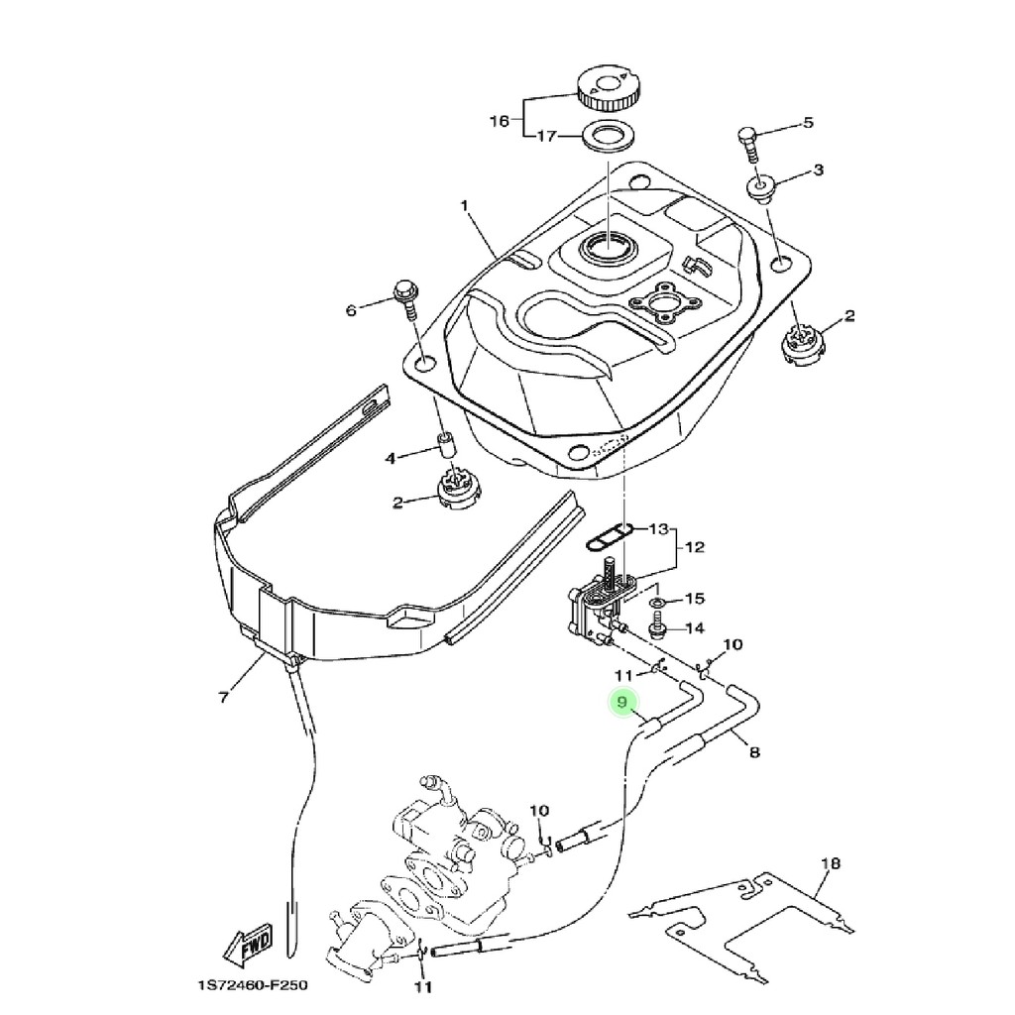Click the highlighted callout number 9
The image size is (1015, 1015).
point(622,703)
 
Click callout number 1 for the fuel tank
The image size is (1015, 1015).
point(463,206)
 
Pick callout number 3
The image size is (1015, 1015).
point(818,170)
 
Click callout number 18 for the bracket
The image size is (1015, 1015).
point(831,863)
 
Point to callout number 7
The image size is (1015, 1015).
point(223,697)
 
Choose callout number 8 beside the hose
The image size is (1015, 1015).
point(754,752)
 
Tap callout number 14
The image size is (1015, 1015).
point(694,627)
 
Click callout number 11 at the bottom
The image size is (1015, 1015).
point(423,987)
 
